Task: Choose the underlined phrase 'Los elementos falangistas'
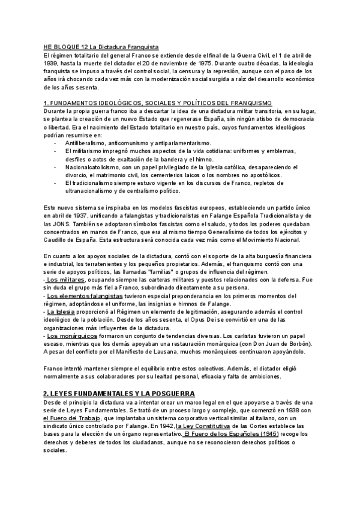(x=85, y=295)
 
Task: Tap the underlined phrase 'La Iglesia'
(x=59, y=312)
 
